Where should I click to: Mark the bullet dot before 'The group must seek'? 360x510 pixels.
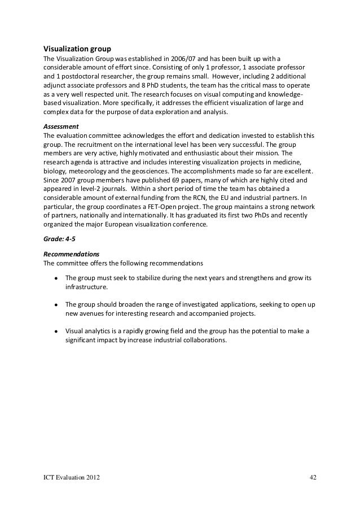tap(56, 278)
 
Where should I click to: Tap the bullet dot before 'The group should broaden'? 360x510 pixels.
tap(56, 304)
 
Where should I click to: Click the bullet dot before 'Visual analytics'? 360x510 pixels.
tap(56, 330)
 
